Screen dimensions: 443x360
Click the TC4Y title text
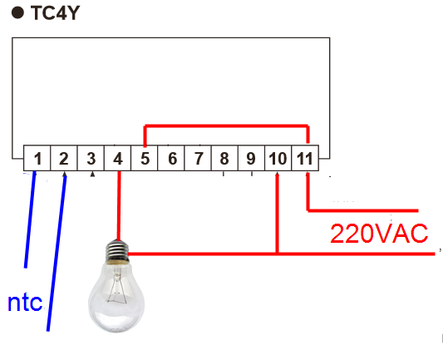[56, 13]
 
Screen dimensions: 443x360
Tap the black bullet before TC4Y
[17, 13]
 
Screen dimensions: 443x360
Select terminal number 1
[37, 159]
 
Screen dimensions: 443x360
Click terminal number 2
[64, 159]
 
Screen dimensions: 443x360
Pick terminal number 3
[91, 159]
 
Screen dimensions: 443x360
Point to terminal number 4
[118, 159]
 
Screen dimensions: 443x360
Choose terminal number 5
[145, 159]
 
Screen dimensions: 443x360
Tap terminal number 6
[172, 159]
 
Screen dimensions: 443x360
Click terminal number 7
[199, 159]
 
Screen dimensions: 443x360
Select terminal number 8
[224, 159]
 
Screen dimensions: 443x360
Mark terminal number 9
[251, 159]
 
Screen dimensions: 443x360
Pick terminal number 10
[278, 159]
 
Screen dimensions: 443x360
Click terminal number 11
[305, 159]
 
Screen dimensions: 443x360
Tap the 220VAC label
[379, 234]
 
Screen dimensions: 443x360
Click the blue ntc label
[25, 303]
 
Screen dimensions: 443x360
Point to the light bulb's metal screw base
[117, 251]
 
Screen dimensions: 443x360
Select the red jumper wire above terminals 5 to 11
[226, 126]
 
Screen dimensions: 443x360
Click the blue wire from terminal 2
[57, 251]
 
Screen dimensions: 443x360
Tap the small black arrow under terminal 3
[92, 175]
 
